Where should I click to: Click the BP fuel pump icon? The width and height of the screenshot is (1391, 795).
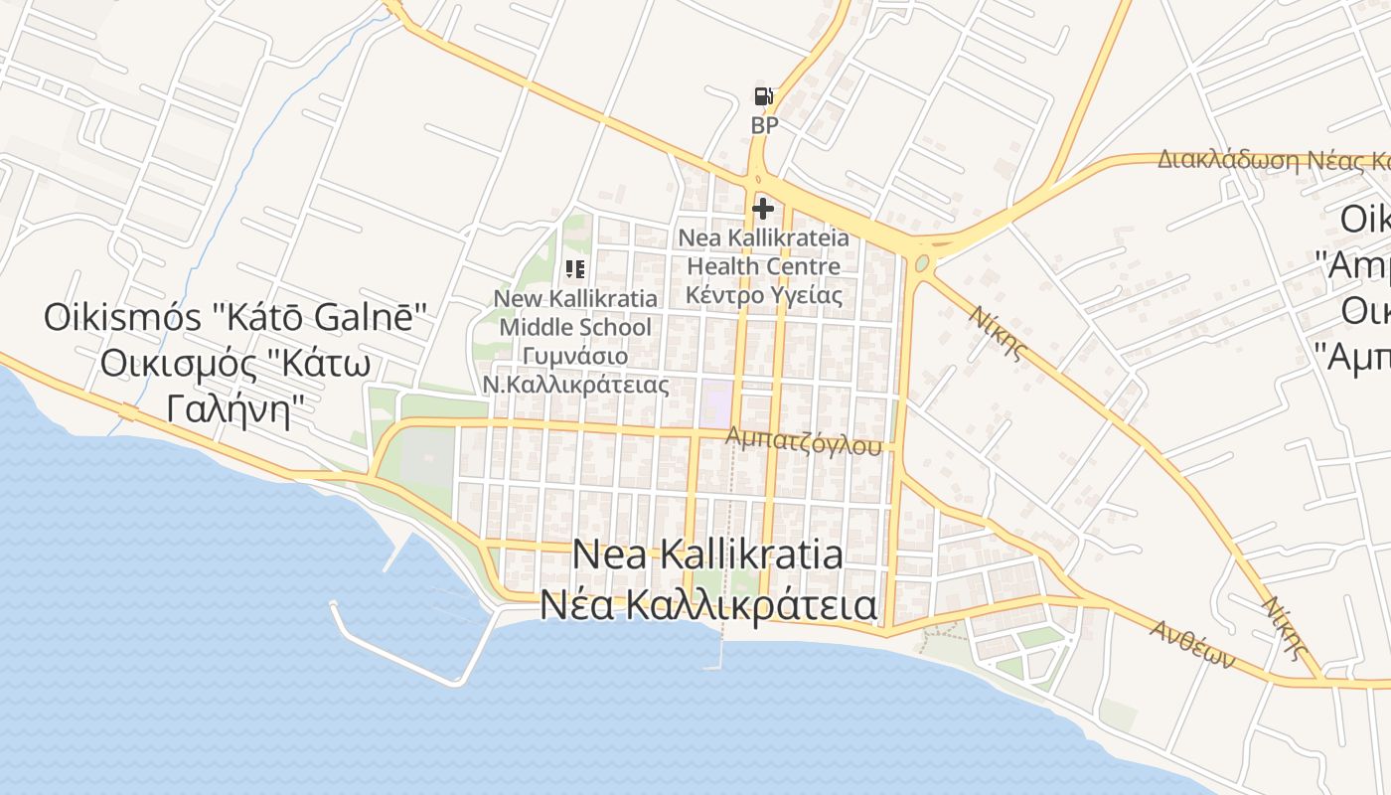tap(763, 96)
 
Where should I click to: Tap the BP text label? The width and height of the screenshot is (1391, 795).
tap(764, 126)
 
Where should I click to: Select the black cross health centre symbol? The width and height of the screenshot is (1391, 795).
tap(763, 209)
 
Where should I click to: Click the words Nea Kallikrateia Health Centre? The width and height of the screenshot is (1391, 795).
tap(763, 252)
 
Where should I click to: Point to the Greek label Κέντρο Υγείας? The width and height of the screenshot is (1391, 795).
tap(763, 295)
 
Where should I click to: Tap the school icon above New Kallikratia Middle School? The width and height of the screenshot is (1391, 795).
tap(575, 268)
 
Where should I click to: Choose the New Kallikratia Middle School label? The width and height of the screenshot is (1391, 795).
tap(575, 313)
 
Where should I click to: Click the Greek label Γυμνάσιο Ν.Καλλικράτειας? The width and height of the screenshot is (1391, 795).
tap(575, 370)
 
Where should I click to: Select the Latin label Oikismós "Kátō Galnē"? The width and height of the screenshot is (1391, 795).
tap(235, 318)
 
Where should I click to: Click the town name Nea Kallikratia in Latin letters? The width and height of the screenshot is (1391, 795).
tap(708, 555)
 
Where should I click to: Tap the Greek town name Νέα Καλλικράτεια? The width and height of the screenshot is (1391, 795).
tap(708, 604)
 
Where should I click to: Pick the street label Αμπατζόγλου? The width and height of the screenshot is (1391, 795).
tap(803, 441)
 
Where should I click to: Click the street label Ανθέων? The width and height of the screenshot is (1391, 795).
tap(1192, 643)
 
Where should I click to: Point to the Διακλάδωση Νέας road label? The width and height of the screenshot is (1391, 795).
tap(1272, 160)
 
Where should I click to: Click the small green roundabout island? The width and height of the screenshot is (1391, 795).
tap(922, 263)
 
